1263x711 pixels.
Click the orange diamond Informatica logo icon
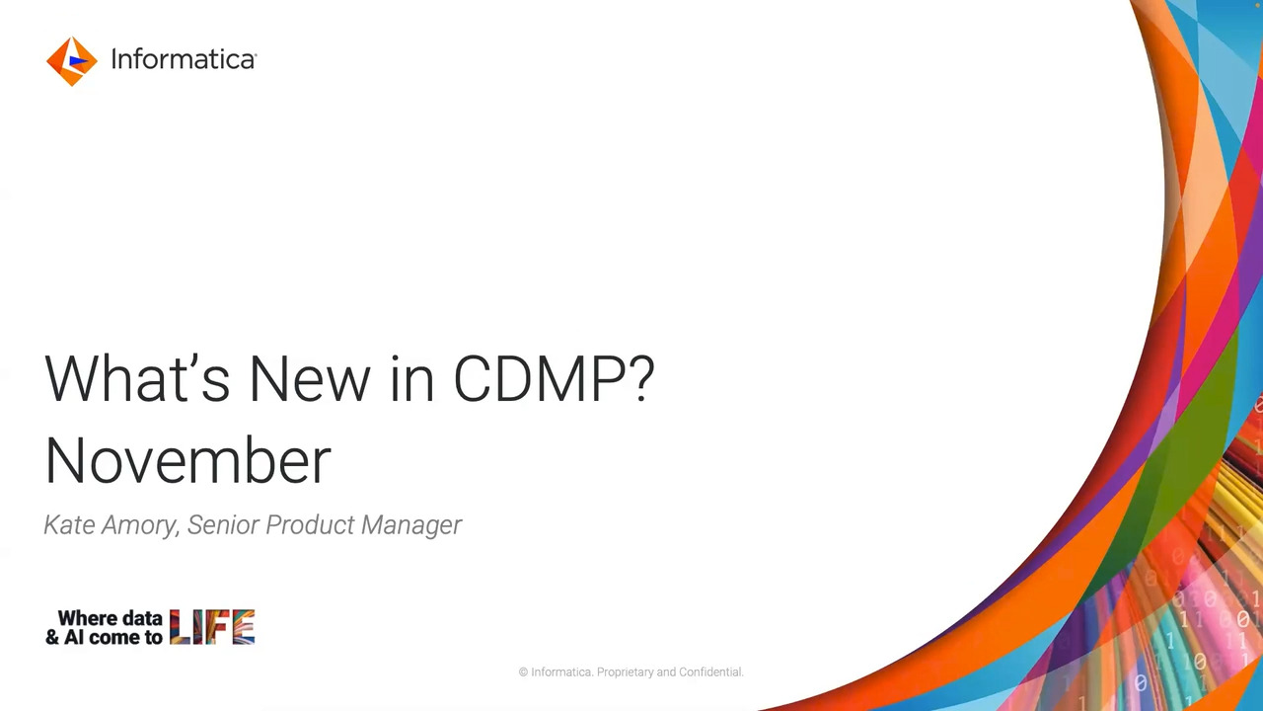coord(71,61)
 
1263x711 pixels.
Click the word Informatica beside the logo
coord(183,60)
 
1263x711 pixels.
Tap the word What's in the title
coord(136,379)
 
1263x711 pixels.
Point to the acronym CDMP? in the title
coord(554,379)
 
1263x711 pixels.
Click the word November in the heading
coord(187,461)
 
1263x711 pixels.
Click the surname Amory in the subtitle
coord(141,525)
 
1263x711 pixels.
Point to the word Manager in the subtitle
coord(411,525)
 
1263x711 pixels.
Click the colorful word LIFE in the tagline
coord(212,627)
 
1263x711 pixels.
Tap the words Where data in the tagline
coord(110,618)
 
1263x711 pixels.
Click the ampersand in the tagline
coord(52,638)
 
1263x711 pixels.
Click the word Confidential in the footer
coord(710,672)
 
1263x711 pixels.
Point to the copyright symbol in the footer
coord(524,672)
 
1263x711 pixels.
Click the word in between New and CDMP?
coord(412,379)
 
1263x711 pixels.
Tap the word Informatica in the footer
coord(561,672)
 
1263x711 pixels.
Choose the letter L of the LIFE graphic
coord(179,627)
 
